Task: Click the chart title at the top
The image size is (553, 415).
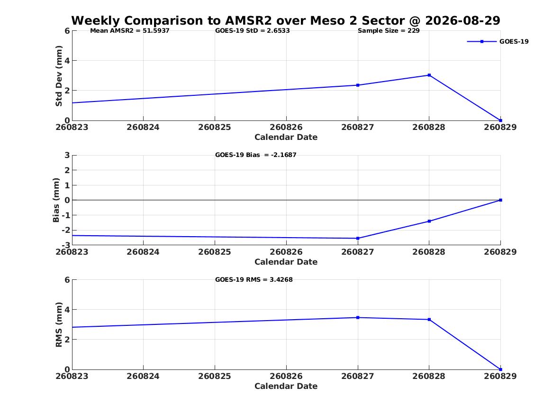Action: (286, 20)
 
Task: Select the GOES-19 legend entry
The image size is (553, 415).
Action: (498, 41)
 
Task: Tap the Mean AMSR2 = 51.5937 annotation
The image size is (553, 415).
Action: (130, 31)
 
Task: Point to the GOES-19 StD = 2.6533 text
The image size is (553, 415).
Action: (253, 31)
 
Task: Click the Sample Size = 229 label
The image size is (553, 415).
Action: (389, 31)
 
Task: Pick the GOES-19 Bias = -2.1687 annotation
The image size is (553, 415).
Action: (256, 155)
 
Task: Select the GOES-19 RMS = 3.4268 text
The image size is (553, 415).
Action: (254, 279)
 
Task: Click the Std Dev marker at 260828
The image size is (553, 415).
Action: (429, 75)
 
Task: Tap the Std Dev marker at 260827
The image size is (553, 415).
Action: (358, 85)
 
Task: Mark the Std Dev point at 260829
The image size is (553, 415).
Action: (500, 120)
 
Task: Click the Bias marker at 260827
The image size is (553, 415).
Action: (358, 238)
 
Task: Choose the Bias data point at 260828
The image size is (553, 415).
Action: (429, 221)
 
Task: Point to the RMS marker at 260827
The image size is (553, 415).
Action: (358, 318)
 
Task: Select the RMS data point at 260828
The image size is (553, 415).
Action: (429, 319)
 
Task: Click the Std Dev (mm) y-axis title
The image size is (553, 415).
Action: (59, 76)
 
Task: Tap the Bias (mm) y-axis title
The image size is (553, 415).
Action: (56, 200)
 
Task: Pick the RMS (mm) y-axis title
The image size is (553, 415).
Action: (59, 325)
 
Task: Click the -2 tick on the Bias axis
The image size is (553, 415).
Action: (66, 230)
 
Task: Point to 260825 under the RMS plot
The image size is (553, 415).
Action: (215, 376)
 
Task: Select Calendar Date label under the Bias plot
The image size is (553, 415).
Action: (286, 262)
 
